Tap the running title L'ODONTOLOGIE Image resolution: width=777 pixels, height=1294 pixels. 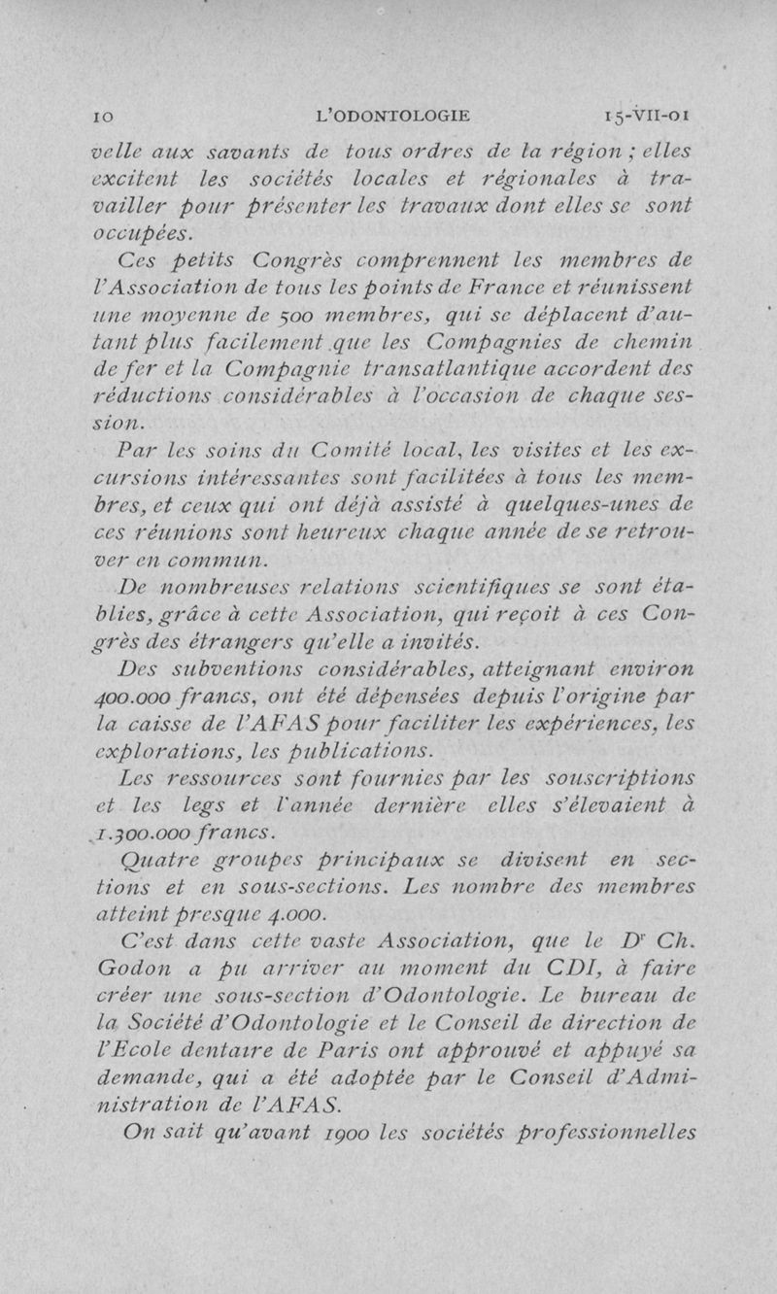click(393, 117)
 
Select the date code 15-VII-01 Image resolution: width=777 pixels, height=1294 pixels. click(645, 117)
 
